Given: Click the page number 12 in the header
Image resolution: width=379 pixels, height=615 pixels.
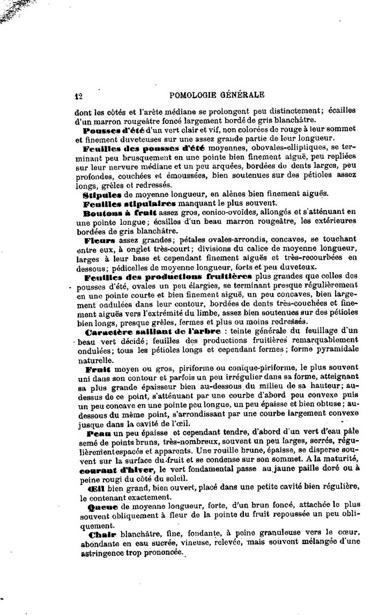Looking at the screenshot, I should click(78, 96).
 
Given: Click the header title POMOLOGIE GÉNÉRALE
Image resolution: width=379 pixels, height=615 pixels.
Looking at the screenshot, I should click(217, 96).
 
